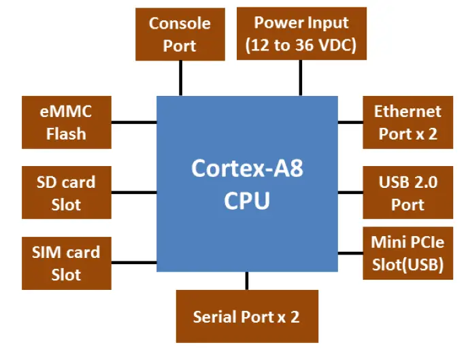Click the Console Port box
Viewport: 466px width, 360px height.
(x=180, y=34)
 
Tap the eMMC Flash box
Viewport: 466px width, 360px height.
(x=66, y=122)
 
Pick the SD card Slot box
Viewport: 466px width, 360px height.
(x=66, y=193)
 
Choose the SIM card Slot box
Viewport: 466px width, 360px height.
(x=66, y=263)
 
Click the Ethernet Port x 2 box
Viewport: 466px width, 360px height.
(x=407, y=122)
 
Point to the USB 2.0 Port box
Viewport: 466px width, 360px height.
(x=407, y=193)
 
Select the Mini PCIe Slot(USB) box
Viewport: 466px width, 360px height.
(x=407, y=253)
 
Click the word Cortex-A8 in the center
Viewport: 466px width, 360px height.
(x=247, y=167)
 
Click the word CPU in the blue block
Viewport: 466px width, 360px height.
(x=247, y=201)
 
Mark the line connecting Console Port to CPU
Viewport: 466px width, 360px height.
(x=180, y=78)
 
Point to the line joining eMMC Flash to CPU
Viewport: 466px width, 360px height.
(x=133, y=122)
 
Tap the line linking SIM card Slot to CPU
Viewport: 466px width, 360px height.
(x=133, y=263)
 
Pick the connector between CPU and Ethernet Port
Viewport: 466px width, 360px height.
(x=350, y=122)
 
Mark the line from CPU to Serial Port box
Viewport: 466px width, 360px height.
(x=246, y=280)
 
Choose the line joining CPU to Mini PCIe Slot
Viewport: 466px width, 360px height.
(x=350, y=253)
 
